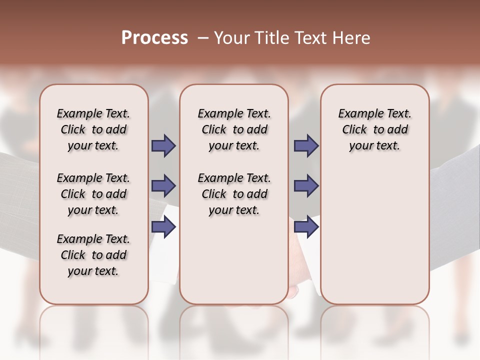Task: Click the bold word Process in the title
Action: pos(154,38)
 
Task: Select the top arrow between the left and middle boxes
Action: pos(163,145)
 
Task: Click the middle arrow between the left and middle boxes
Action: pos(163,186)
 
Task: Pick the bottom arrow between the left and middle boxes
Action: pos(163,227)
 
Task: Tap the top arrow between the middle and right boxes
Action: pos(306,145)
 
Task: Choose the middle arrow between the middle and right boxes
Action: pos(306,186)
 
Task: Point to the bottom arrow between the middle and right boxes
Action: pos(306,227)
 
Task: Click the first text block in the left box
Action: pos(93,129)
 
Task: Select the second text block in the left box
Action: pos(93,194)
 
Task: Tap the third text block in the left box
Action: pos(93,255)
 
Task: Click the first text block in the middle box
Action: pos(234,129)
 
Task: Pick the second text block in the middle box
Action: pos(234,194)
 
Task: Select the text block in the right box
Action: pos(374,129)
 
